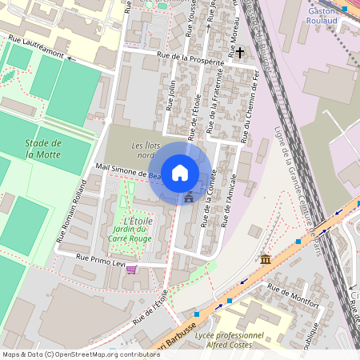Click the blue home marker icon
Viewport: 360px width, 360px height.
pos(180,173)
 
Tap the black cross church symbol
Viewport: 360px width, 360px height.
pos(240,52)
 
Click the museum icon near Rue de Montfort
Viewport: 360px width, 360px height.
pos(266,259)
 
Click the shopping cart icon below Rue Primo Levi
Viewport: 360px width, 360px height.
pos(131,270)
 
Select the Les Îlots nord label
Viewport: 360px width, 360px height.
pos(148,150)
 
